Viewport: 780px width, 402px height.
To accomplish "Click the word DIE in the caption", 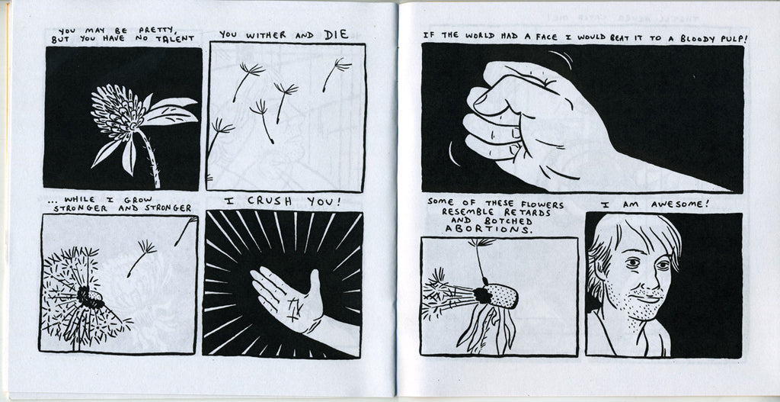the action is coord(336,34).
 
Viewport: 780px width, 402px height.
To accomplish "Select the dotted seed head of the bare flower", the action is coord(500,295).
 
